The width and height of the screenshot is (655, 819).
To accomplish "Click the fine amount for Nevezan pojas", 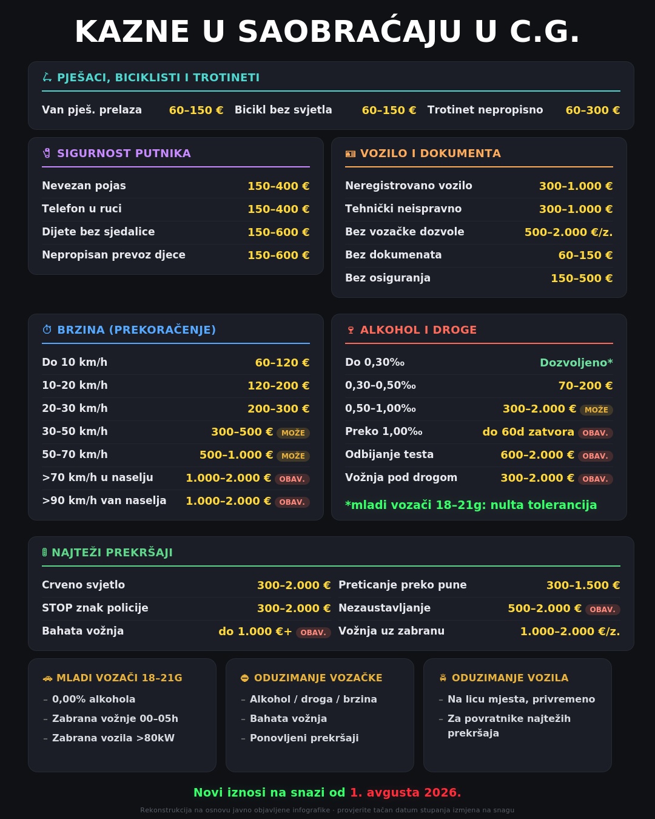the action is point(278,186).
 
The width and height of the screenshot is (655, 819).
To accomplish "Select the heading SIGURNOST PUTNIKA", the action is point(124,153).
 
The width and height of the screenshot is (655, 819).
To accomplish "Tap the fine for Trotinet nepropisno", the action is point(593,110).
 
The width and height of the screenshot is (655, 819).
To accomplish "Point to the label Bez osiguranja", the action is point(388,278).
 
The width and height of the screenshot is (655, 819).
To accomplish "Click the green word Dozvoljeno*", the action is point(576,362).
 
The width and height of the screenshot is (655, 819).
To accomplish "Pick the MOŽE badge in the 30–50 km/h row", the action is point(293,433).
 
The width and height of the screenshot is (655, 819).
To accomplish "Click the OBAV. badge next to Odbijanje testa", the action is point(595,456).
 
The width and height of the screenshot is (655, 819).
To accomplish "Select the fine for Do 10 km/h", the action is point(282,362).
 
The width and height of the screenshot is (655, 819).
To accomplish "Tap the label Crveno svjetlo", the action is point(83,585).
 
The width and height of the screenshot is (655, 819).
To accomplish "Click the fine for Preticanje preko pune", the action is point(583,585).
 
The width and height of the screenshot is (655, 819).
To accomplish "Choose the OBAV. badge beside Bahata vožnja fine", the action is point(313,633).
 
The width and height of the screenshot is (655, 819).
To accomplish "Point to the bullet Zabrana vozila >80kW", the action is point(113,738).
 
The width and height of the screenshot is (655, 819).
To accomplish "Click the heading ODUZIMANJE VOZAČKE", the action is point(318,678).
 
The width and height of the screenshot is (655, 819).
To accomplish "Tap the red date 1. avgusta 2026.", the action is point(405,792).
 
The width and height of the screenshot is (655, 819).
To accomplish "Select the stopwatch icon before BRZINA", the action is point(47,329).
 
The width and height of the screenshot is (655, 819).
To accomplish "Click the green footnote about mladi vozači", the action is point(471,505).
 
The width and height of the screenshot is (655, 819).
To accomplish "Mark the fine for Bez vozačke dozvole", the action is point(569,232).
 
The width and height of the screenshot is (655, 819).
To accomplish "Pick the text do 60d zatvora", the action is point(528,431).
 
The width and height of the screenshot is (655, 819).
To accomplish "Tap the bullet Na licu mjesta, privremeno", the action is point(521,699).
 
